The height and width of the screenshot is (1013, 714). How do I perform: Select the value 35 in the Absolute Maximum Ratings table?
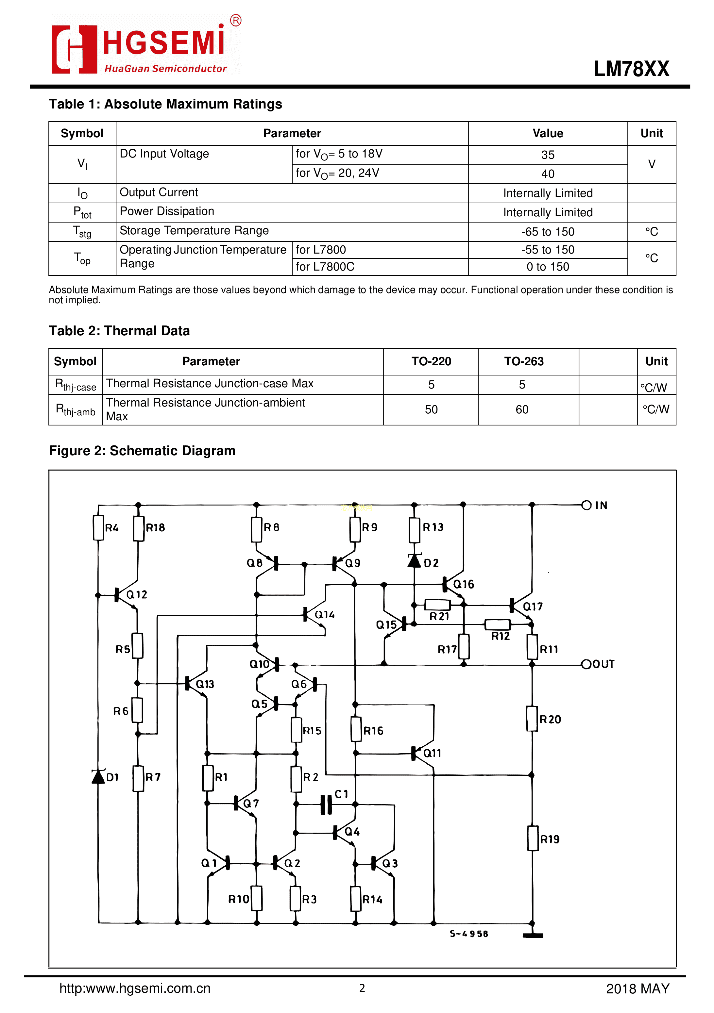(548, 155)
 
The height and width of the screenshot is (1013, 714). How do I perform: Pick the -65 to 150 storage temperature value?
(548, 232)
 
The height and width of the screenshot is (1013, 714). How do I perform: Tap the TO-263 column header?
(524, 361)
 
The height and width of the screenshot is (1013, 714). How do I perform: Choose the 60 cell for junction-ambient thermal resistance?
(522, 409)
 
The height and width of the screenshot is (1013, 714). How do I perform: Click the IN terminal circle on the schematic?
(586, 505)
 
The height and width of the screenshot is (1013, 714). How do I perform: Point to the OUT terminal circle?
(586, 664)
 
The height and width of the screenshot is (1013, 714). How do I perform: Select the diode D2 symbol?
(414, 561)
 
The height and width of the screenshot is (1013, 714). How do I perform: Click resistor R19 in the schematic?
(533, 838)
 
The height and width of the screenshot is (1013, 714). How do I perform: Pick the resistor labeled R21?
(437, 605)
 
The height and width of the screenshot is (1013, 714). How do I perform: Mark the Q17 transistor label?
(533, 606)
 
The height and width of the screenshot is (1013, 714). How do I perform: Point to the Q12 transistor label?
(137, 595)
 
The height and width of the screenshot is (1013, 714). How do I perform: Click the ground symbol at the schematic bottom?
(533, 935)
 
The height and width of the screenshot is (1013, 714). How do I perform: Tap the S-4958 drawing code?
(469, 934)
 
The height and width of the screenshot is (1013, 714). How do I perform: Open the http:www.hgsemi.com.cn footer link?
(135, 988)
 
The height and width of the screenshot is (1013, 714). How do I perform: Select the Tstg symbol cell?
(82, 232)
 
